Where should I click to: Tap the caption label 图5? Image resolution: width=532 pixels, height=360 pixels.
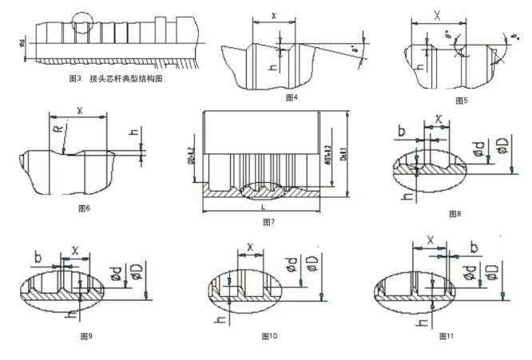tap(461, 100)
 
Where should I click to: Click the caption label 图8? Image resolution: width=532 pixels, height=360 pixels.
tap(455, 214)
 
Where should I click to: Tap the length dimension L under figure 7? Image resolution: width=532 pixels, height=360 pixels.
tap(260, 208)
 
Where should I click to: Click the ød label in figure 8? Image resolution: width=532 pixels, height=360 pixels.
tap(477, 148)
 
